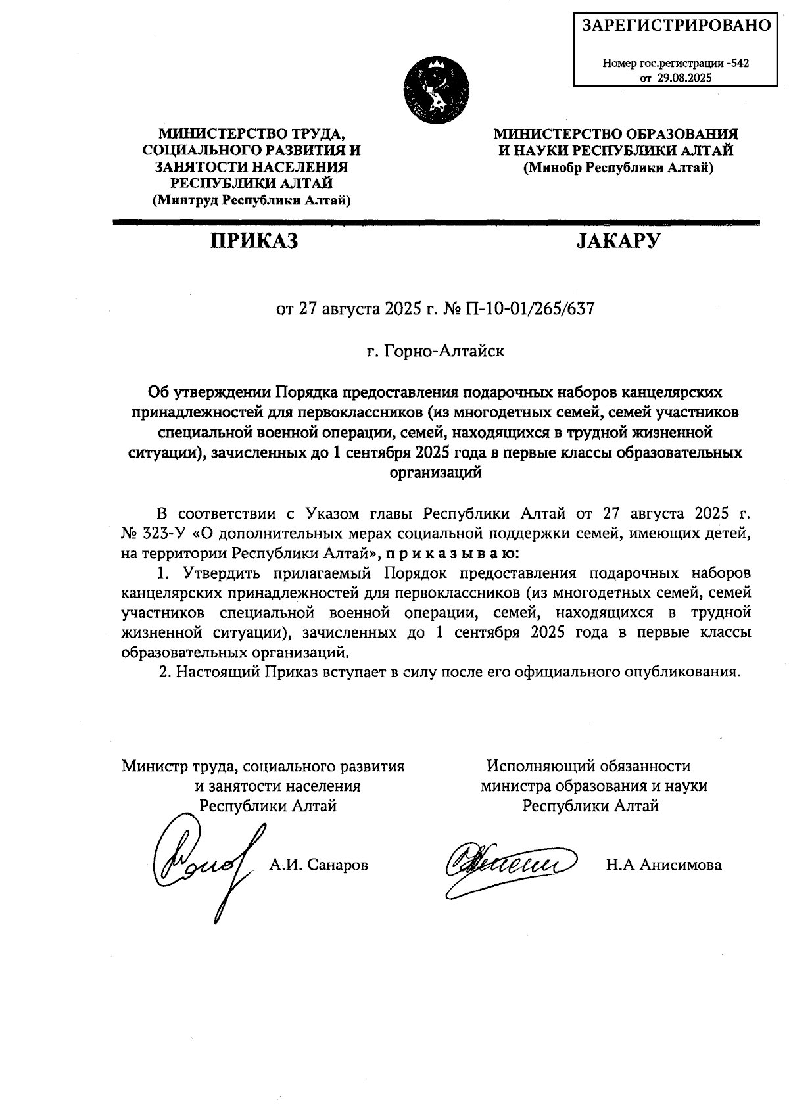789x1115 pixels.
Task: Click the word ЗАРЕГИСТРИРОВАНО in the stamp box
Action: tap(677, 26)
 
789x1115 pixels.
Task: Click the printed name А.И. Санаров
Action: tap(319, 865)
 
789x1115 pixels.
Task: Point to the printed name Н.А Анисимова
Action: tap(663, 865)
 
